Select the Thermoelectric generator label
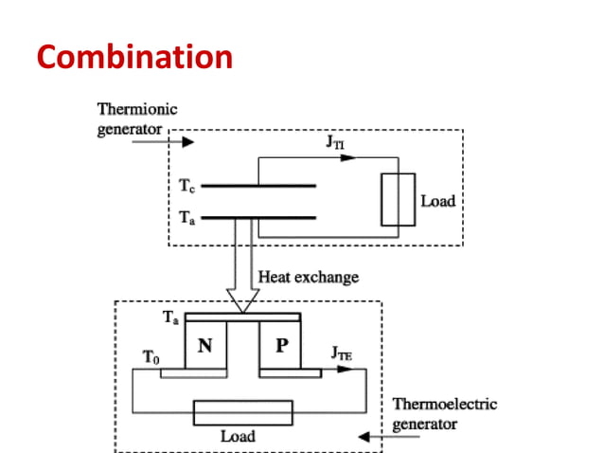point(444,413)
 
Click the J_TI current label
point(336,143)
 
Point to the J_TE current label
point(343,353)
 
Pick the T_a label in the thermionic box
point(187,217)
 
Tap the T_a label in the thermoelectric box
point(170,318)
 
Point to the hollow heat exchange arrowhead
point(242,302)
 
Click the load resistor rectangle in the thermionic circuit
point(398,200)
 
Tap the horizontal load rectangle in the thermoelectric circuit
point(242,413)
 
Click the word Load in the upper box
point(438,201)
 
